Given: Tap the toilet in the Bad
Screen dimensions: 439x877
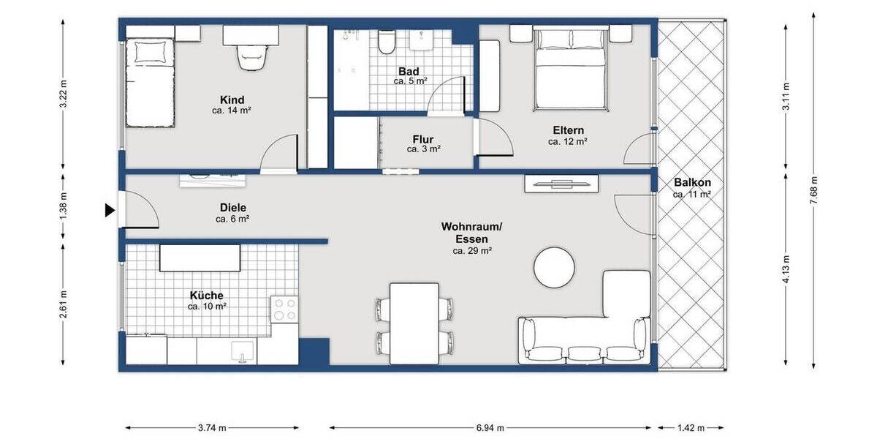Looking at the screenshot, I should coord(387,43).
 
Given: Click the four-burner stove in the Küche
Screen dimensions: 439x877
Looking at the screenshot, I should coord(284,309).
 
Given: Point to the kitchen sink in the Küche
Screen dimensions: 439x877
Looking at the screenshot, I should coord(242,351).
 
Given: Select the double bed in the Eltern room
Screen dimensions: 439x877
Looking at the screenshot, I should coord(569,70).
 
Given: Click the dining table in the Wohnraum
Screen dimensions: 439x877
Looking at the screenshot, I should coord(414,322).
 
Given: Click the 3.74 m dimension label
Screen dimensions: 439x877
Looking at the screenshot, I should coord(212,428).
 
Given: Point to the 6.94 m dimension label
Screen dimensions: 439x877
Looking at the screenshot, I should coord(490,428).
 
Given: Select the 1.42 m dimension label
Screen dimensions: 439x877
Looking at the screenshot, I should coord(691,428).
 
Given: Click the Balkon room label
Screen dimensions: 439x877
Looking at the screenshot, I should coord(692,183).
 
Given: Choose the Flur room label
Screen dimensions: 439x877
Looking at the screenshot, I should coord(423,138).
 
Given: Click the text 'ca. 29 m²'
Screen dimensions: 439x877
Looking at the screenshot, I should coord(471,251).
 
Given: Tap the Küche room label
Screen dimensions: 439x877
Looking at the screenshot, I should coord(207,296).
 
